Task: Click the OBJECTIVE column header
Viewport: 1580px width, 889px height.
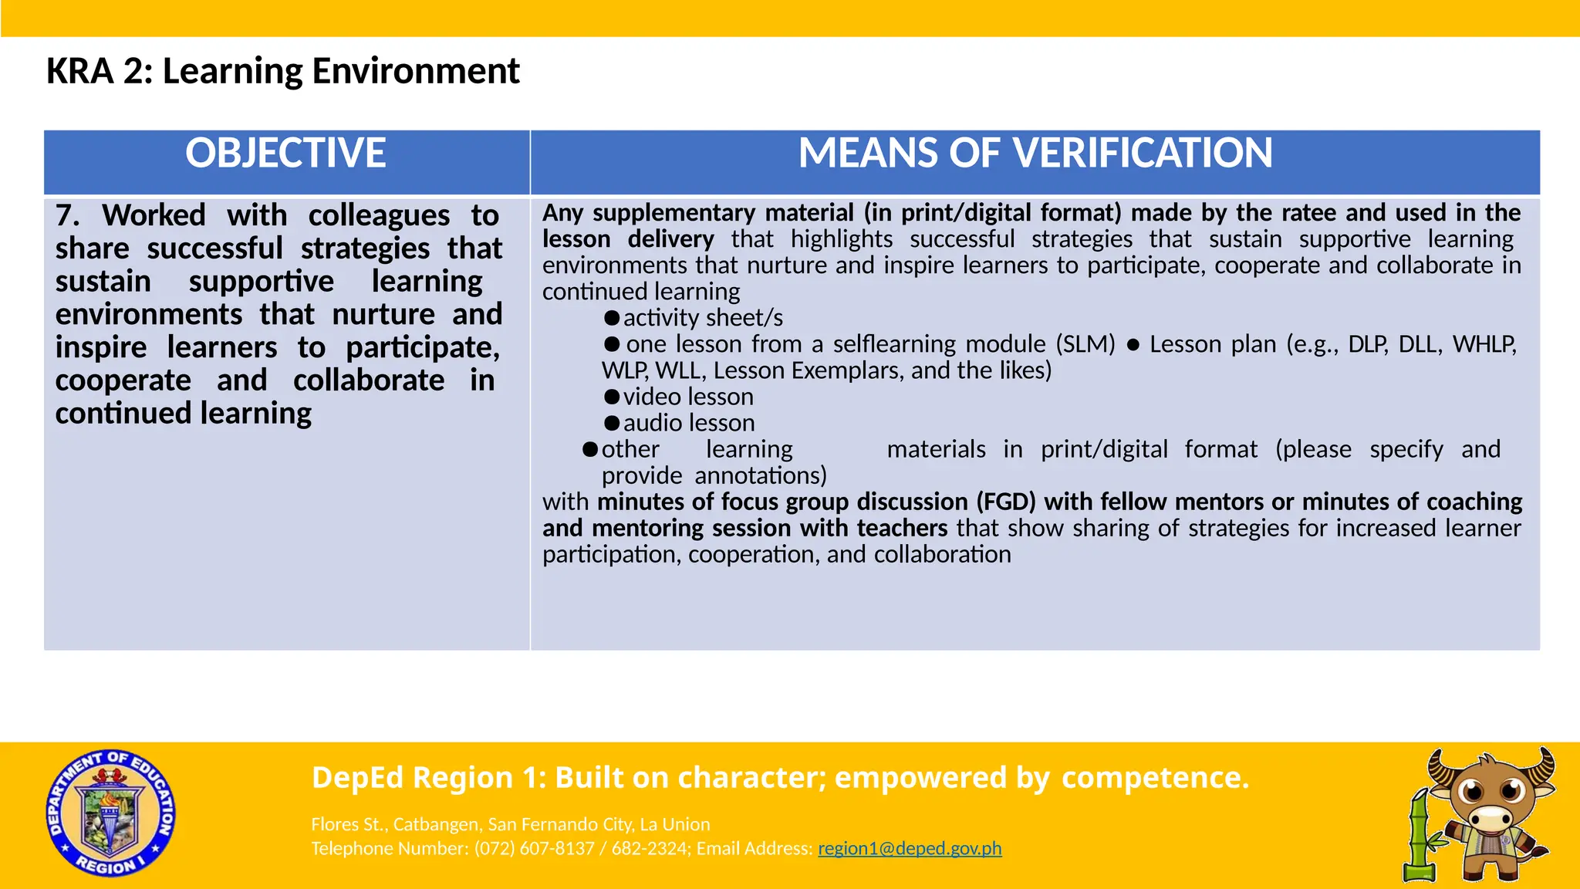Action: [285, 154]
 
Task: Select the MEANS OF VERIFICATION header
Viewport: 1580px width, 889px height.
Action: [1035, 154]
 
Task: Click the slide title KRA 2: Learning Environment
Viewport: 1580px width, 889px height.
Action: [282, 71]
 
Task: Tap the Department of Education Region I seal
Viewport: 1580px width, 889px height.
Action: [110, 813]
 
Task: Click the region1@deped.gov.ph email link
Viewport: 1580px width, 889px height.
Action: [909, 848]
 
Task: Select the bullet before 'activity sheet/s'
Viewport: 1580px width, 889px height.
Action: [612, 318]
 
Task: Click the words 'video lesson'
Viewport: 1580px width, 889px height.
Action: [688, 397]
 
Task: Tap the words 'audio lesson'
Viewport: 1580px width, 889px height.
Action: [689, 423]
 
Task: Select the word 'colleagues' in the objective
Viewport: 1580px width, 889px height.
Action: [379, 215]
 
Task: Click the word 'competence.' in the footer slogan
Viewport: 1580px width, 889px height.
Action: [1155, 777]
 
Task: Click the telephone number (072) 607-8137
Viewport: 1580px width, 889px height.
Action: [534, 848]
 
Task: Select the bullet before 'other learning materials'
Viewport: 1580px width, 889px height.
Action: [590, 449]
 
